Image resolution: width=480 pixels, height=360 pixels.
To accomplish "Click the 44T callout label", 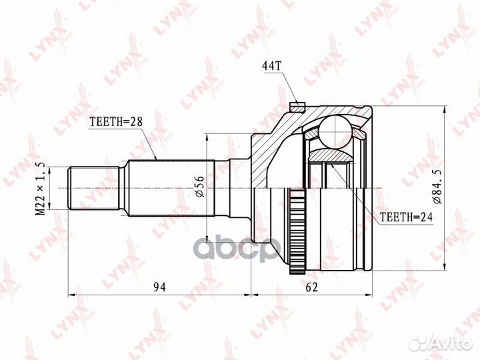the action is [271, 66].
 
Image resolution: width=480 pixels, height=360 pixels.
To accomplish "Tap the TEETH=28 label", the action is [116, 122].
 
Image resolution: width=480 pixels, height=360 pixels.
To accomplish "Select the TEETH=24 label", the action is [406, 217].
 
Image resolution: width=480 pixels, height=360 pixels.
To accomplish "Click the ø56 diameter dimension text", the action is [199, 187].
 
